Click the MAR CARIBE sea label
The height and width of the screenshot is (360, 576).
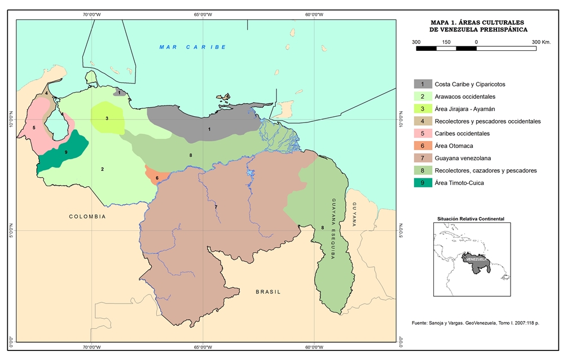(192, 47)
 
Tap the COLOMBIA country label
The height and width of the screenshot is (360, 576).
(87, 216)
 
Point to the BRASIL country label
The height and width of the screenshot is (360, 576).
(268, 292)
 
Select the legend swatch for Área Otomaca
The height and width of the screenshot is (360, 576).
(423, 146)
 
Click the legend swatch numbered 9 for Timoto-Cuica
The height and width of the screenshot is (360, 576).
(423, 182)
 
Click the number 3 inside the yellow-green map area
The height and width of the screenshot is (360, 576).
(107, 118)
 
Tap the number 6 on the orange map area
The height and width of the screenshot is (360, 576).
(157, 178)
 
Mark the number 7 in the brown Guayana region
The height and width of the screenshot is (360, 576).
(216, 208)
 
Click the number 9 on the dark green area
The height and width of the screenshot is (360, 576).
(66, 152)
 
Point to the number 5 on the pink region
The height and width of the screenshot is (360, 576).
(34, 128)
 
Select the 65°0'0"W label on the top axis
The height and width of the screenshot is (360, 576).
(202, 14)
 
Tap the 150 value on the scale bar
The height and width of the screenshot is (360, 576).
(446, 42)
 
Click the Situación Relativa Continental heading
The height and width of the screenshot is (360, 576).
(471, 218)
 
